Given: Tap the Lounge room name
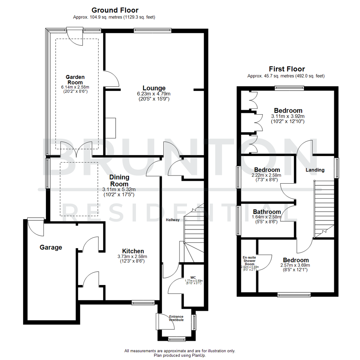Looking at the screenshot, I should [x=154, y=88].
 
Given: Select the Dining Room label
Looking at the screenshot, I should [x=119, y=181].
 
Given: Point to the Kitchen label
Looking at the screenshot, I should [x=133, y=251].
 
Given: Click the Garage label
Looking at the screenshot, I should [x=51, y=247].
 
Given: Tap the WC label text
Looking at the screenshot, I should [x=193, y=277].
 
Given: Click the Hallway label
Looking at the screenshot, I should [x=173, y=220].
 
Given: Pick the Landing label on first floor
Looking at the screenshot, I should [x=315, y=170].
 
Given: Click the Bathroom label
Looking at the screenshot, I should [x=267, y=212].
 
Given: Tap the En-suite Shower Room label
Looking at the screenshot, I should [x=249, y=260].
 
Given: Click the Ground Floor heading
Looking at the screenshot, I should [x=115, y=10].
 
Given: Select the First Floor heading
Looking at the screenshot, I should [x=287, y=69].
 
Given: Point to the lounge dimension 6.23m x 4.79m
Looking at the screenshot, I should [x=154, y=94].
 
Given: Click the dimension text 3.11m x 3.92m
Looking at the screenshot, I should [x=288, y=116].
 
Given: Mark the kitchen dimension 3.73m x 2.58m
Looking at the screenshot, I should [x=133, y=257].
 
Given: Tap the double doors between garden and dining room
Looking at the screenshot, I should [x=76, y=150].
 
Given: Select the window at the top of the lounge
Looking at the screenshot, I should [x=153, y=30].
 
